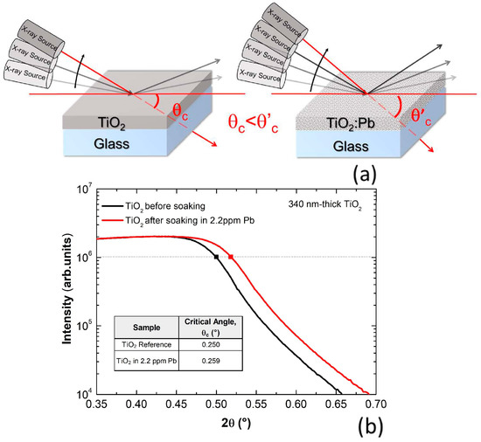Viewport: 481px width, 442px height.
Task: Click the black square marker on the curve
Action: click(x=216, y=257)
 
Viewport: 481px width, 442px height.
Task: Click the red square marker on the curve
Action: click(x=231, y=257)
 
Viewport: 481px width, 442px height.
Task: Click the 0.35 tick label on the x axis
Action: click(x=97, y=405)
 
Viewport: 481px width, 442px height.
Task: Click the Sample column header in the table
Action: click(x=146, y=326)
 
